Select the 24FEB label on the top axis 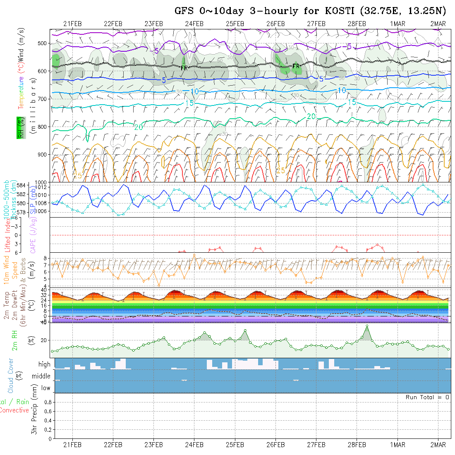tap(194, 24)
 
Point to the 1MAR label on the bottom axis tap(398, 445)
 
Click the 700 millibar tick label tap(41, 99)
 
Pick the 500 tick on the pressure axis tap(41, 43)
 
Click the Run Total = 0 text tap(427, 397)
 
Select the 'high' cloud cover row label tap(44, 364)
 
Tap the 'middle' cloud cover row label tap(41, 376)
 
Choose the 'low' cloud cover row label tap(45, 388)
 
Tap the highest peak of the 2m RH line tap(366, 326)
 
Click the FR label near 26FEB tap(296, 66)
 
